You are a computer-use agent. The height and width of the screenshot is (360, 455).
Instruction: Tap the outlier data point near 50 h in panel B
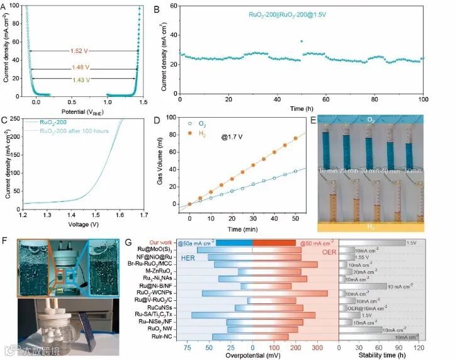click(x=301, y=41)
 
